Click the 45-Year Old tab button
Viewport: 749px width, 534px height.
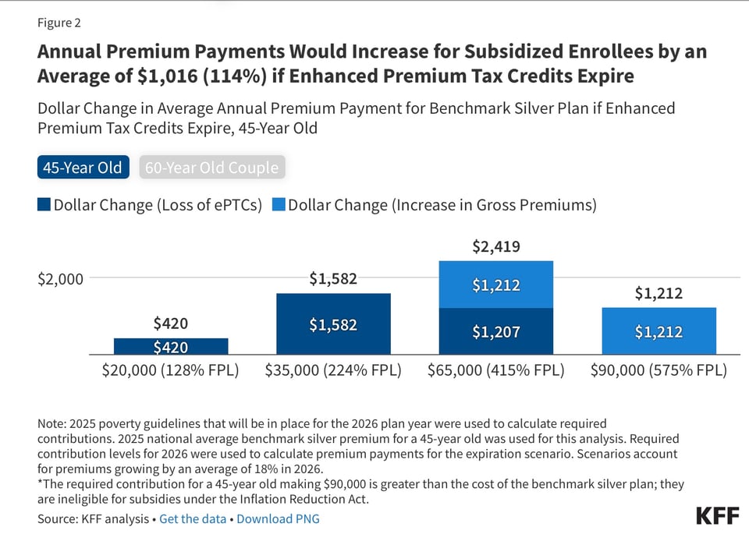83,168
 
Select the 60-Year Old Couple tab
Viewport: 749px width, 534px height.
211,168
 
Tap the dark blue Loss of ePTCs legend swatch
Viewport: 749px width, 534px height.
44,205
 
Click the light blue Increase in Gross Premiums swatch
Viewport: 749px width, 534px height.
278,205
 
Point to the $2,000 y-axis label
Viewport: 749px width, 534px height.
60,278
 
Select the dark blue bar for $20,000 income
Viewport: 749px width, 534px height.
171,347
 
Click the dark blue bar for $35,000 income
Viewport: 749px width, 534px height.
333,324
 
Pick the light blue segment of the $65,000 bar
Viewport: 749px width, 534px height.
496,285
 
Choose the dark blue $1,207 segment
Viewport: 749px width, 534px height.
496,332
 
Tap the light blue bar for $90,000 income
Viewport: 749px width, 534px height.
658,332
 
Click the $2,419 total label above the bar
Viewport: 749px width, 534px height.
496,247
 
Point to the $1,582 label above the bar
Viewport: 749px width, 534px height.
333,278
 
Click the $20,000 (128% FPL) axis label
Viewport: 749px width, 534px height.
171,370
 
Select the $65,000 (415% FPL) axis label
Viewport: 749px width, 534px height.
496,370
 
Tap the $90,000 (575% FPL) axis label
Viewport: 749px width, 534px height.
658,370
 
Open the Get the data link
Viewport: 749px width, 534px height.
193,518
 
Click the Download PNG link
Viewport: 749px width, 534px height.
278,518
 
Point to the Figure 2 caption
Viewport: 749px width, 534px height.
59,22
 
